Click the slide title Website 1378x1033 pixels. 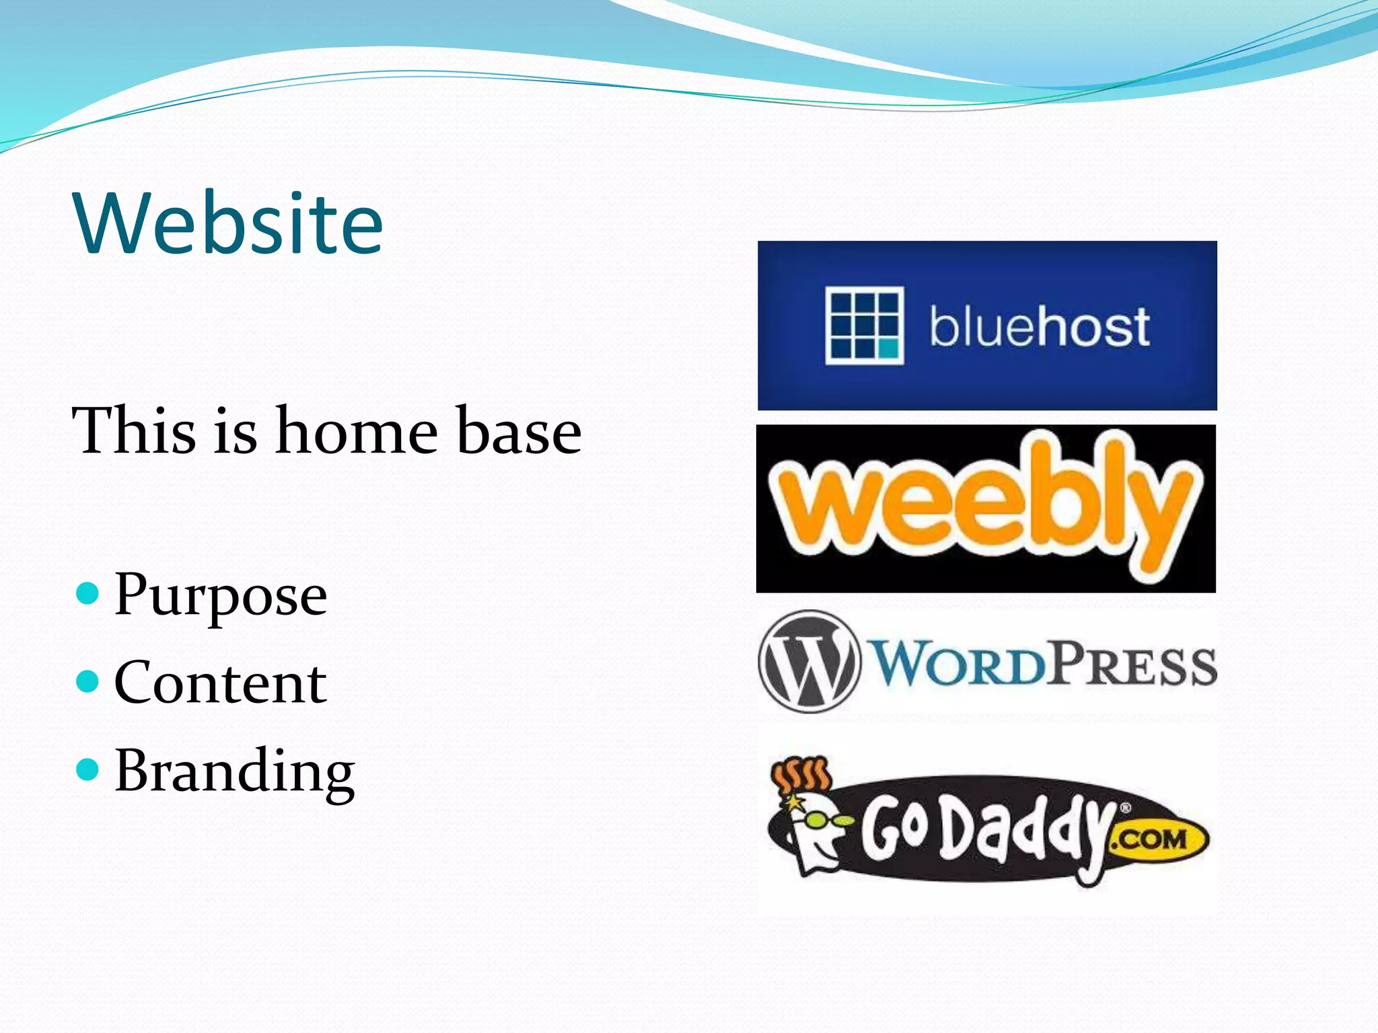(229, 223)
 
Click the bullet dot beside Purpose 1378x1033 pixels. (87, 594)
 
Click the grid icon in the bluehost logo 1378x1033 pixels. (864, 326)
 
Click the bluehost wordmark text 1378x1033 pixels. (1039, 328)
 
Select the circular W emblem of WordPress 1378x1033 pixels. (809, 661)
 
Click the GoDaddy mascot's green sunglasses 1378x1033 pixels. (817, 820)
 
